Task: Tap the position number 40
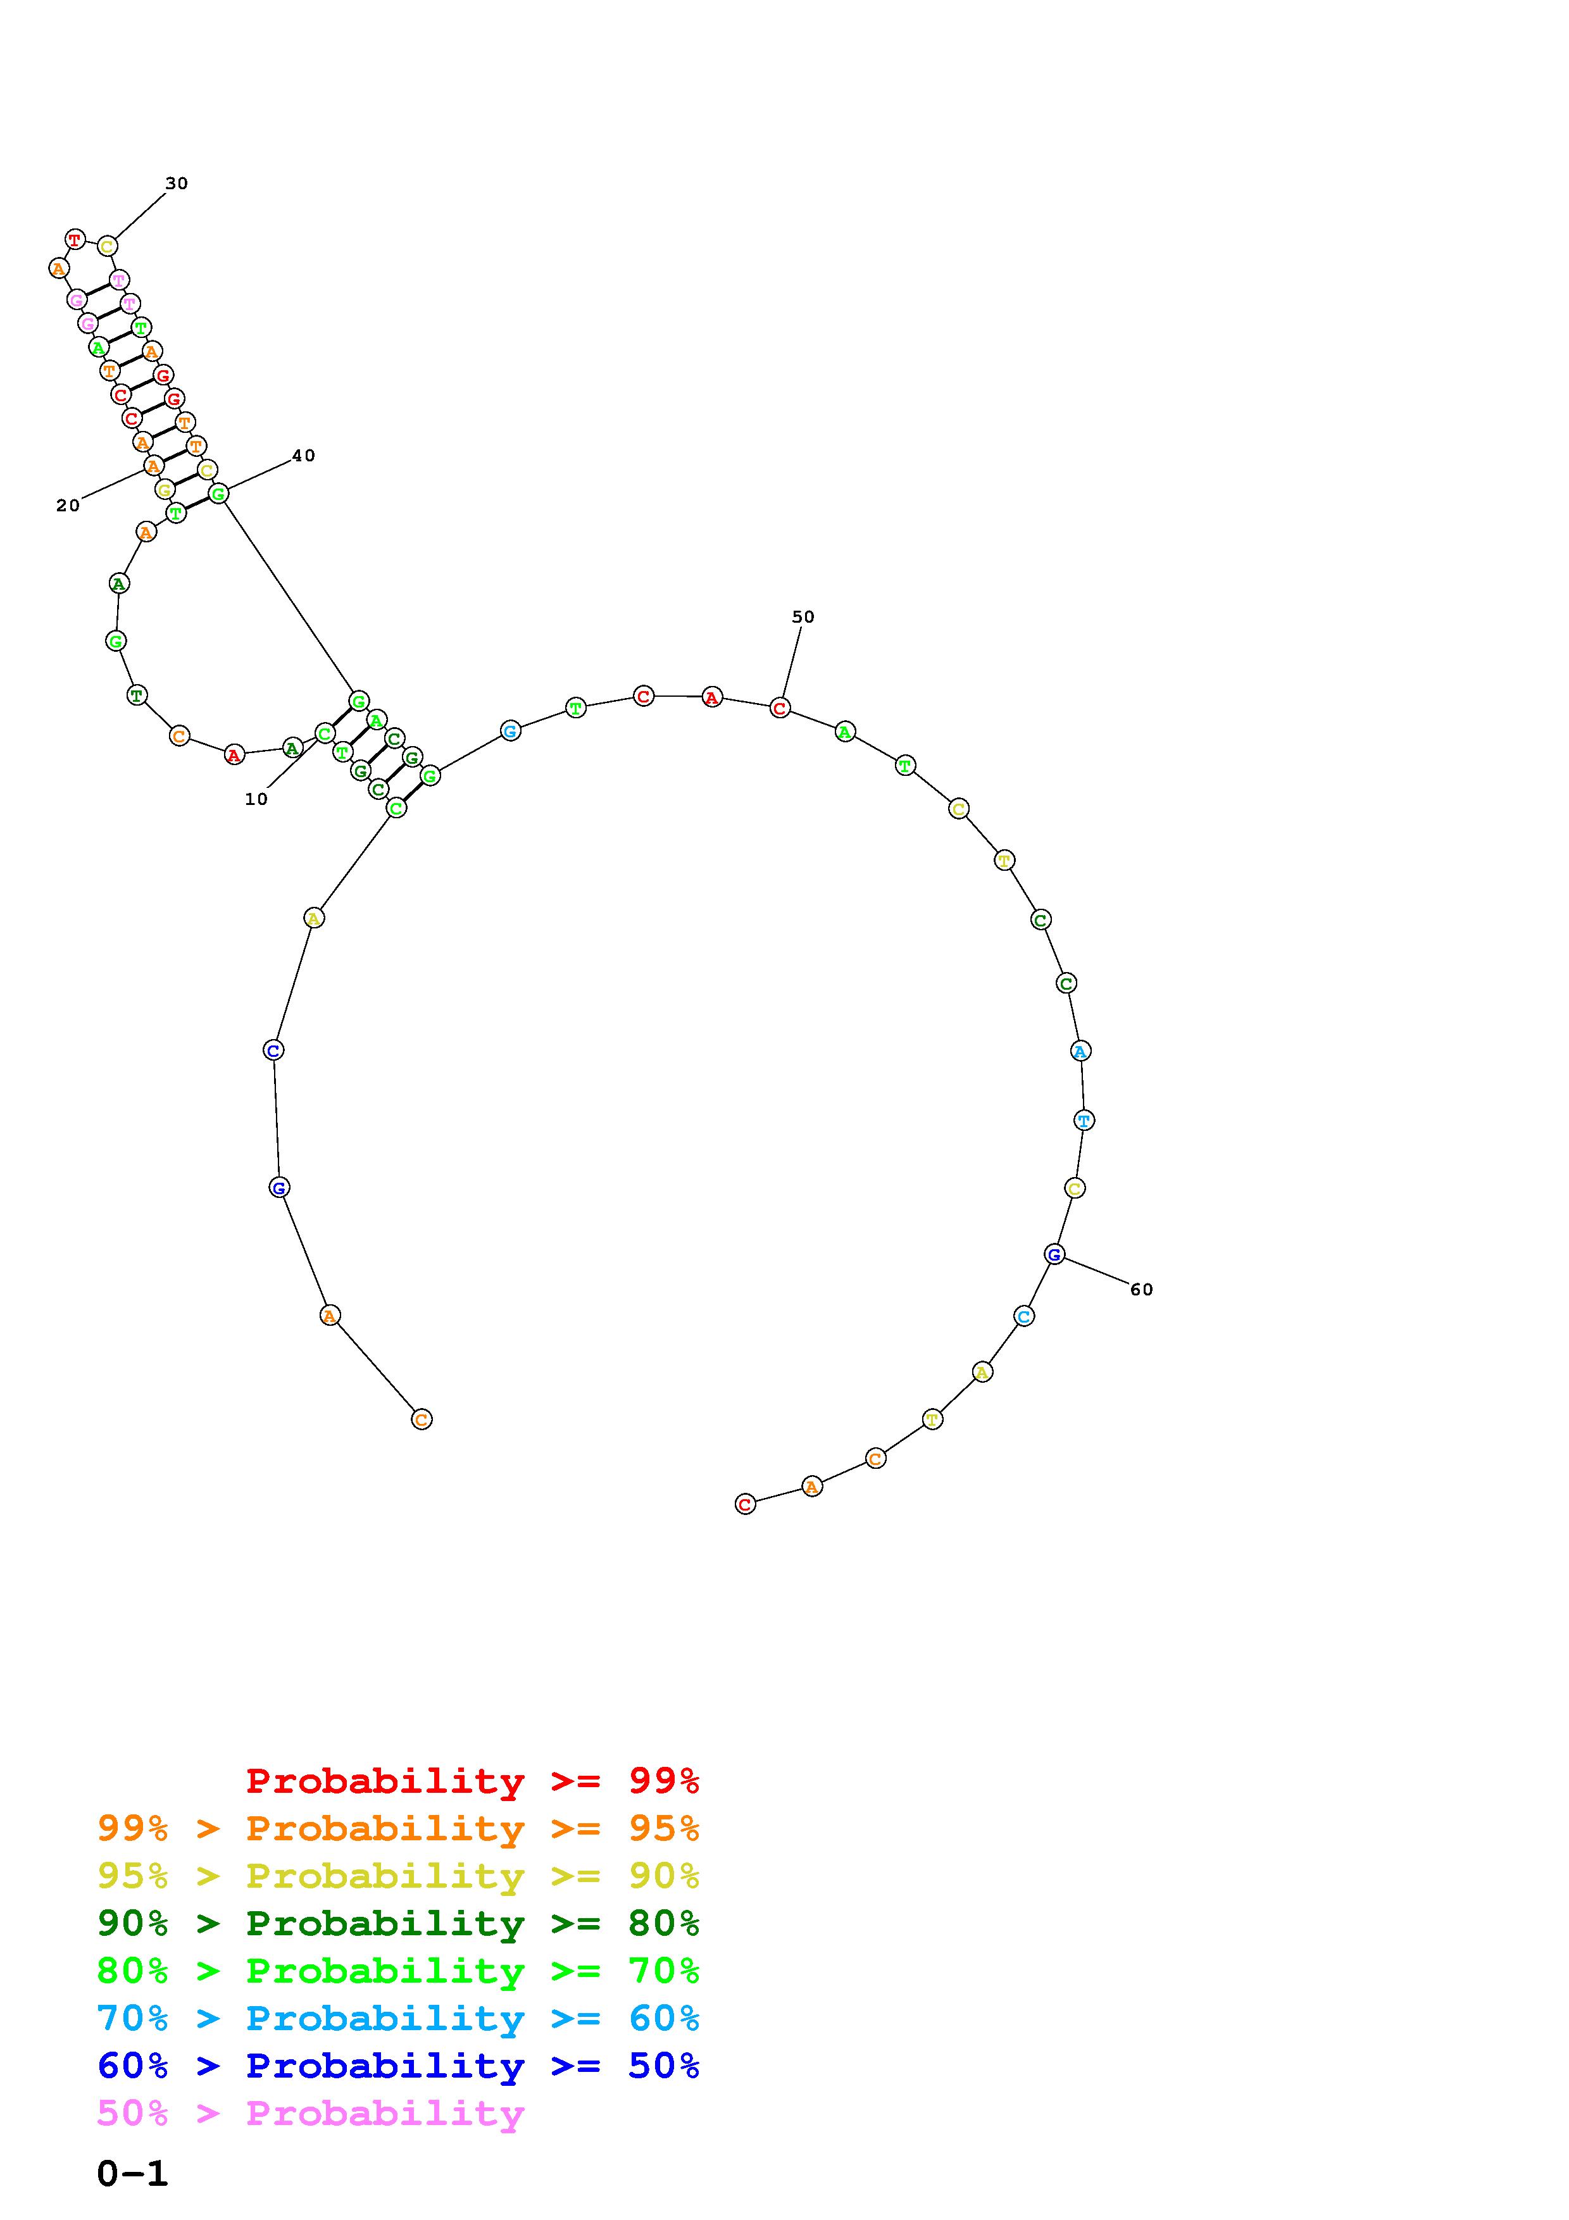coord(304,456)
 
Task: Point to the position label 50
coord(803,617)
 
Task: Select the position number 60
coord(1142,1289)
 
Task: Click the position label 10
coord(256,799)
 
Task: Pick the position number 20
coord(68,505)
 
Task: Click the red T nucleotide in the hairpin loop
coord(75,239)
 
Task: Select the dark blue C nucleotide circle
coord(273,1050)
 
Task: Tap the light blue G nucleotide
coord(510,731)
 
